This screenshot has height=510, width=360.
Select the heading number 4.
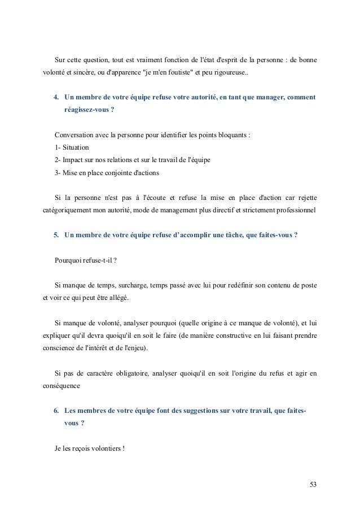[x=56, y=98]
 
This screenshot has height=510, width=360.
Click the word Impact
[x=72, y=160]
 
